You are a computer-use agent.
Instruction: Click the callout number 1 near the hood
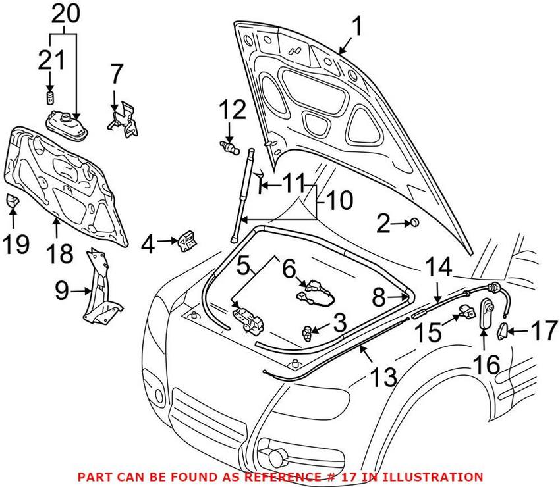pos(356,28)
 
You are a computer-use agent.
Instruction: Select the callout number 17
pos(544,331)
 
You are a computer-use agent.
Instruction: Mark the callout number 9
pos(62,290)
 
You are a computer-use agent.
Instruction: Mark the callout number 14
pos(437,268)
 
